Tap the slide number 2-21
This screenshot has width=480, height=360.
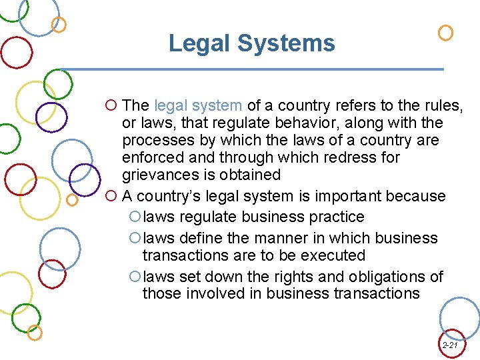point(450,345)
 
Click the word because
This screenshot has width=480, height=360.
point(419,196)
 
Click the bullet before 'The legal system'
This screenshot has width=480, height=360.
point(111,105)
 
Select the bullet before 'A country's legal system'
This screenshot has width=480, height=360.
point(111,197)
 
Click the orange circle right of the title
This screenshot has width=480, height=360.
point(445,33)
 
